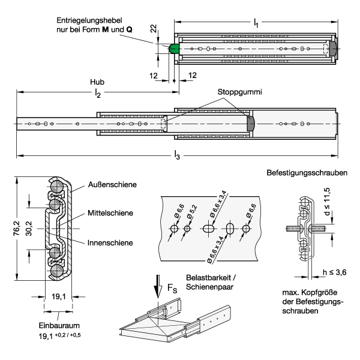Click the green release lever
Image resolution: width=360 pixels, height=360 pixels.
(174, 49)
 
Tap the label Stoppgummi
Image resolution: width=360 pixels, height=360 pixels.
(239, 92)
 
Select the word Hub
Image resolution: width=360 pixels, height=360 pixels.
(97, 82)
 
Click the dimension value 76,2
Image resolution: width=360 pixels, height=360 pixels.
(16, 229)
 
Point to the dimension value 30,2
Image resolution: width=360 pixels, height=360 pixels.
(29, 229)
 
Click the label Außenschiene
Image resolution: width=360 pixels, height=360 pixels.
(112, 185)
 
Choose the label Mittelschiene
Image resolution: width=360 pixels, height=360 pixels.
(110, 213)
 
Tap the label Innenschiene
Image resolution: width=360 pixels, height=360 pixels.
(110, 243)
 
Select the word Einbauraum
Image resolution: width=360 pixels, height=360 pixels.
(59, 326)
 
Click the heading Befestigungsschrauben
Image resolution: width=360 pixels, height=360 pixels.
(307, 173)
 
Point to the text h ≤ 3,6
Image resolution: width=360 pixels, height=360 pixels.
(335, 272)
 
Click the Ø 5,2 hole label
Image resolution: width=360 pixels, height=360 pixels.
(192, 212)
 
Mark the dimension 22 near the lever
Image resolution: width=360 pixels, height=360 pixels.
(154, 28)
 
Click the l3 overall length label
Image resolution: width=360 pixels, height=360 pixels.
(177, 155)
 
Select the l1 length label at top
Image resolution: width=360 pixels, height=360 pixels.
(256, 23)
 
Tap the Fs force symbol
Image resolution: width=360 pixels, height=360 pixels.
(172, 288)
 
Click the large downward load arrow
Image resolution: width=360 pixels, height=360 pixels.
(158, 286)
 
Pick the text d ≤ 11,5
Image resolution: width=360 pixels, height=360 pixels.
(326, 202)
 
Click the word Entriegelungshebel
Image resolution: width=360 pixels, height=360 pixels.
(89, 20)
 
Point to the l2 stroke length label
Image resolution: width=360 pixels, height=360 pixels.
(98, 93)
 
